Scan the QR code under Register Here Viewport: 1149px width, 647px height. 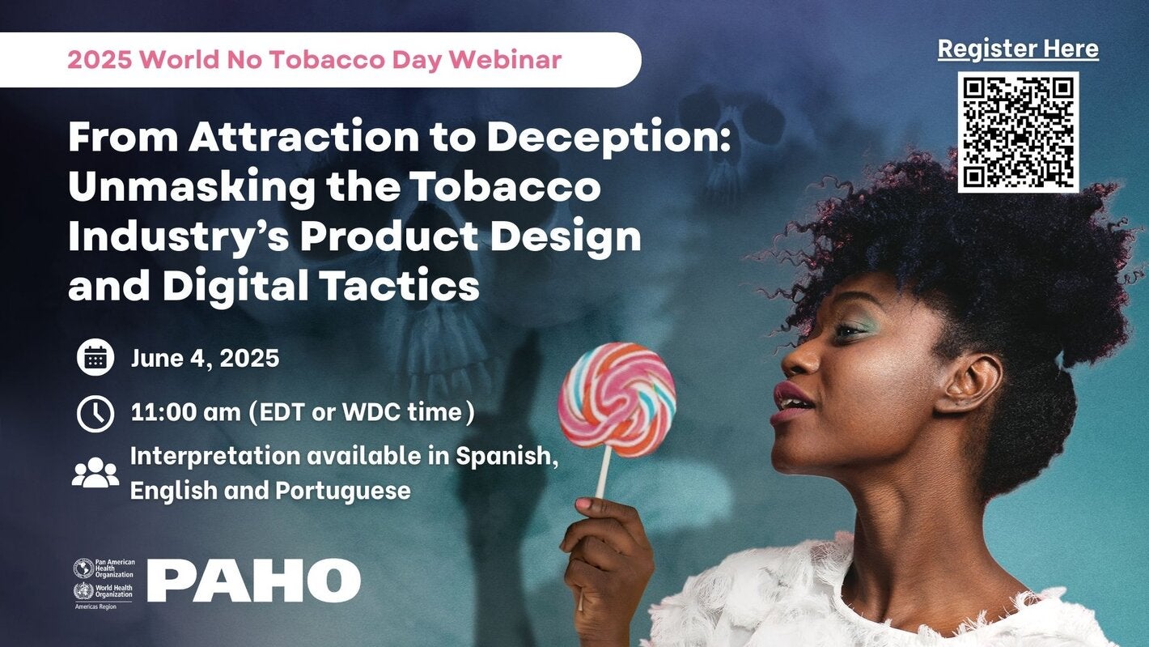point(1018,132)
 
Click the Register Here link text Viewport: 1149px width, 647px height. point(1018,49)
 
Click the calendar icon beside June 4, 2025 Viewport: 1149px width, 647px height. point(95,357)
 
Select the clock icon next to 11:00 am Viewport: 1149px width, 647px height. point(95,413)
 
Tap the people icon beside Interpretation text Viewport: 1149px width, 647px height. point(95,473)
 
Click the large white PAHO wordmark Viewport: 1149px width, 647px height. point(253,580)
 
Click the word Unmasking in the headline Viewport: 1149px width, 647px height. point(192,188)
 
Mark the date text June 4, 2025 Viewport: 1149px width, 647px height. point(205,357)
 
